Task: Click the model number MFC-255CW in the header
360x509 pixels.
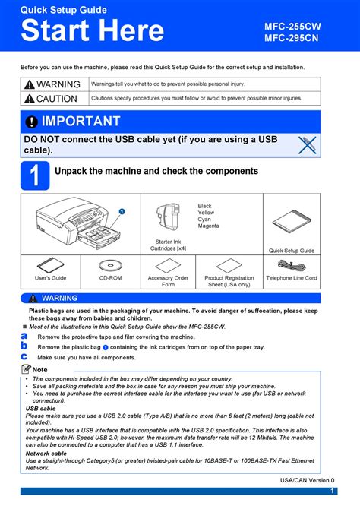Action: click(x=292, y=26)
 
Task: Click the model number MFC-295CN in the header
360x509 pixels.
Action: click(x=292, y=39)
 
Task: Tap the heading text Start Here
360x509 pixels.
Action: click(x=92, y=31)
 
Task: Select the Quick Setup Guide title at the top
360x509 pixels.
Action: click(x=63, y=10)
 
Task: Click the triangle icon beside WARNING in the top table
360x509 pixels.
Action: click(x=29, y=84)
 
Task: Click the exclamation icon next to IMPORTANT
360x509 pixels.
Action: click(x=31, y=122)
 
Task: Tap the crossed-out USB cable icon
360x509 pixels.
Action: click(x=306, y=144)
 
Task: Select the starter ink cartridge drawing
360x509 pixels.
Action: click(x=169, y=217)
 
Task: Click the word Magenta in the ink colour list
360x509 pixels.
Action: click(x=209, y=226)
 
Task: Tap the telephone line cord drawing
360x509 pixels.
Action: click(x=291, y=265)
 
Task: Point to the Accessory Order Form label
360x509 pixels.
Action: click(x=168, y=281)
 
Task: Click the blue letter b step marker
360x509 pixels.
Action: click(x=24, y=346)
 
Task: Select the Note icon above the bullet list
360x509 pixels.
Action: click(x=27, y=369)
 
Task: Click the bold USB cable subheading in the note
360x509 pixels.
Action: click(x=40, y=408)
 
